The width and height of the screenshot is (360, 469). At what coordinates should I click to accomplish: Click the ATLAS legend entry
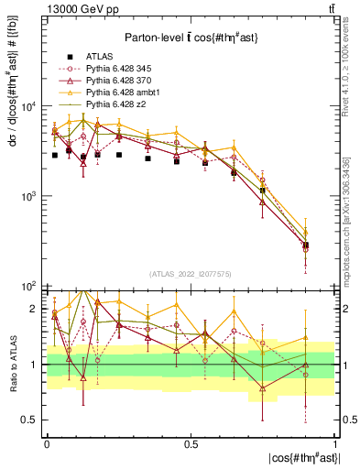coord(99,55)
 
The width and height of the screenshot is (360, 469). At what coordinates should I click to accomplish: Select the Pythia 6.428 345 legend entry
coord(121,68)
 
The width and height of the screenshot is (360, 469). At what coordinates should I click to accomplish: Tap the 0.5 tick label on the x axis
coord(191,443)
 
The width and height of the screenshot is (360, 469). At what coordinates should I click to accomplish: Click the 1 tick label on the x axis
coord(334,443)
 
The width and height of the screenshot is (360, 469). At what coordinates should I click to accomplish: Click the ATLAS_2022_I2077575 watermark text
coord(191,274)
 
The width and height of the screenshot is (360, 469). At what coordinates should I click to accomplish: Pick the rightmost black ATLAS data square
coord(306,245)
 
